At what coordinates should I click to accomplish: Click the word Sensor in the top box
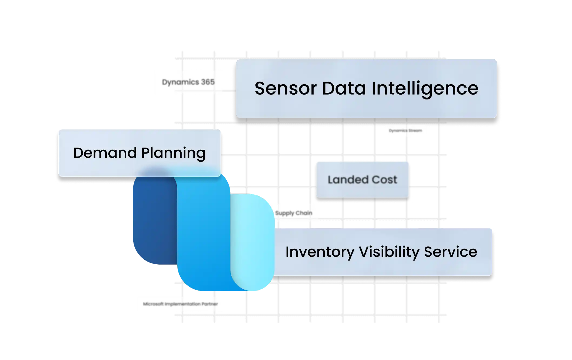tap(285, 88)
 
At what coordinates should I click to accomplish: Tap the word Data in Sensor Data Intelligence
tap(344, 88)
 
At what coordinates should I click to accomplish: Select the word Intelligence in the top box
tap(425, 88)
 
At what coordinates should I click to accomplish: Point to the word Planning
tap(173, 153)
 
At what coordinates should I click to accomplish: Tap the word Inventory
tap(320, 252)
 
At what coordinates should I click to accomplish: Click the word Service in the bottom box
tap(450, 252)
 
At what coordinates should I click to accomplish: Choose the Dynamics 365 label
tap(188, 82)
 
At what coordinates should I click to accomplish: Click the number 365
tap(208, 82)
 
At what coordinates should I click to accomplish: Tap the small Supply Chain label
tap(294, 213)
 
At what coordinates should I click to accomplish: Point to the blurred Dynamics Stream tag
tap(405, 131)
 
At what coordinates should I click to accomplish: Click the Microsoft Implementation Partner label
tap(180, 304)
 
